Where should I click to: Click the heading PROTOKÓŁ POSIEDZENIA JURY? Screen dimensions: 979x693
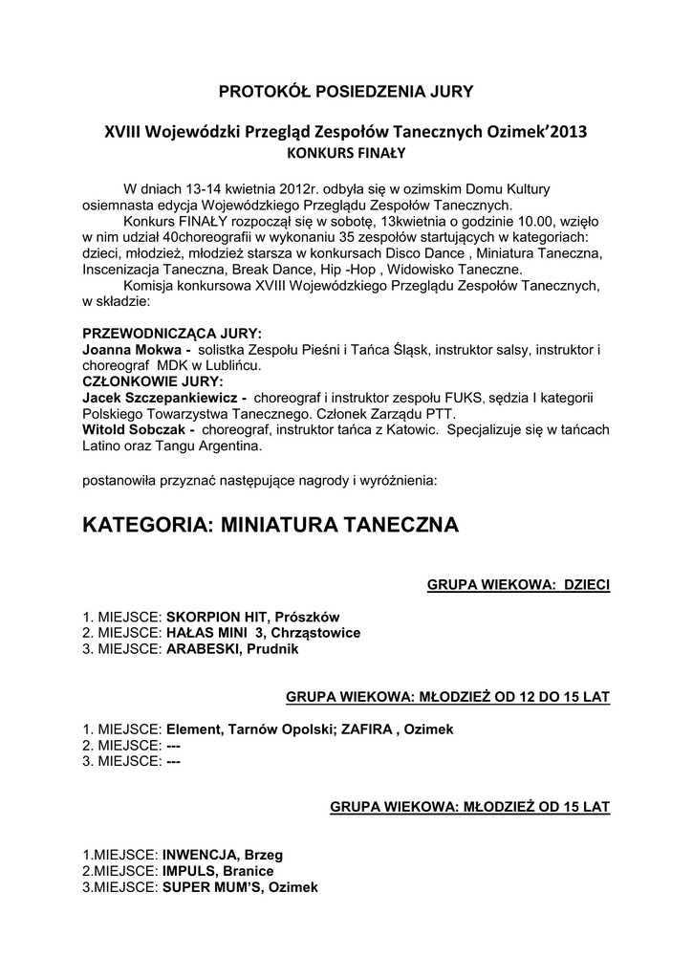[x=346, y=92]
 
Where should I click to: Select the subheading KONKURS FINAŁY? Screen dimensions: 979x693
[x=346, y=151]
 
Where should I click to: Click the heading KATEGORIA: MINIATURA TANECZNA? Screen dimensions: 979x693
[x=271, y=525]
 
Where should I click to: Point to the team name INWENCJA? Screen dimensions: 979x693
[x=201, y=854]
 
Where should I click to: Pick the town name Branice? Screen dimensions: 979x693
[x=248, y=870]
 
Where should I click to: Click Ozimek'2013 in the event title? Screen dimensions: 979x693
[x=533, y=131]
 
